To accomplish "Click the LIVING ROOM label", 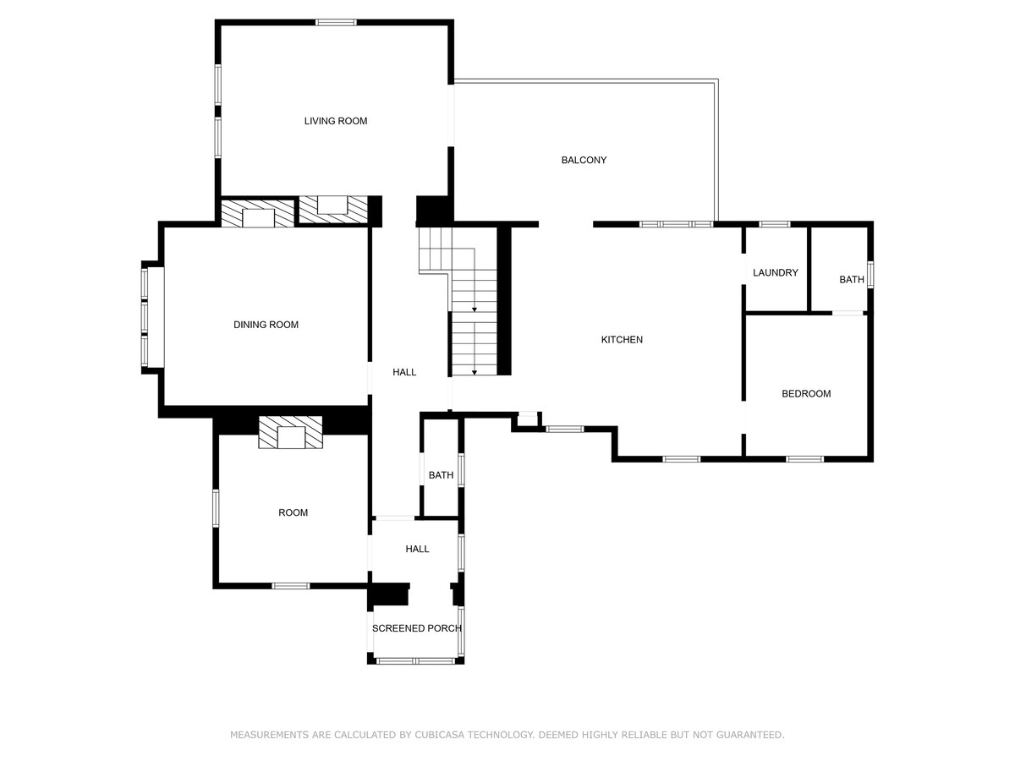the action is [335, 121].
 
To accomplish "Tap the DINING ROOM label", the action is [266, 325].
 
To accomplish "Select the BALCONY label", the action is [584, 160].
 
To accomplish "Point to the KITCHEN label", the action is [622, 340].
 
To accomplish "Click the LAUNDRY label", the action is [775, 272].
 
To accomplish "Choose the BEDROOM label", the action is [806, 394].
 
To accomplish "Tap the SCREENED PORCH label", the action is [417, 628].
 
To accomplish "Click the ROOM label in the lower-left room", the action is [293, 512].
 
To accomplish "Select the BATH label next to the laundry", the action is [851, 280].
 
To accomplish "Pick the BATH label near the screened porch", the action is [441, 475].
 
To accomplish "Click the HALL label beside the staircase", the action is [404, 372].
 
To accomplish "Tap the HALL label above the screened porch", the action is [417, 549].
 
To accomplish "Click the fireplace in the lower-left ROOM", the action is [290, 432].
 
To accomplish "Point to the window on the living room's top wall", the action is [336, 22].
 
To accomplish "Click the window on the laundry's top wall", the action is [775, 224].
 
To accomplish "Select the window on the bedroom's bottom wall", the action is [804, 459].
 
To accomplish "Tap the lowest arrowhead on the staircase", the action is [474, 372].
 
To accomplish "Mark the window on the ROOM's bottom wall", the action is [290, 586].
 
